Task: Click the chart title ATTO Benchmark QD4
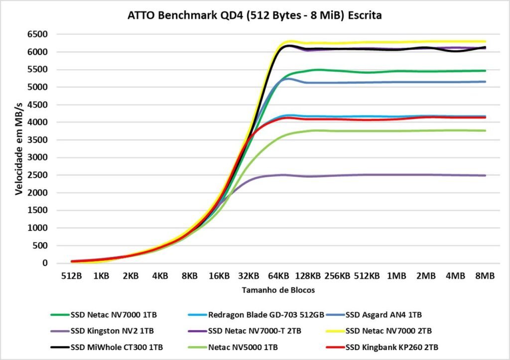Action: [x=255, y=16]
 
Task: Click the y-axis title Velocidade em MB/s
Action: [x=19, y=147]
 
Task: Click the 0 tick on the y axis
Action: [x=44, y=263]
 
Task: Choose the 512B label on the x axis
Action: [x=72, y=275]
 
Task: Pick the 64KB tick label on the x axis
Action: [x=278, y=275]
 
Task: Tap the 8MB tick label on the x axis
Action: [x=485, y=275]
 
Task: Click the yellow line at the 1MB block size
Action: [x=396, y=42]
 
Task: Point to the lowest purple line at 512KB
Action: [x=367, y=175]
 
